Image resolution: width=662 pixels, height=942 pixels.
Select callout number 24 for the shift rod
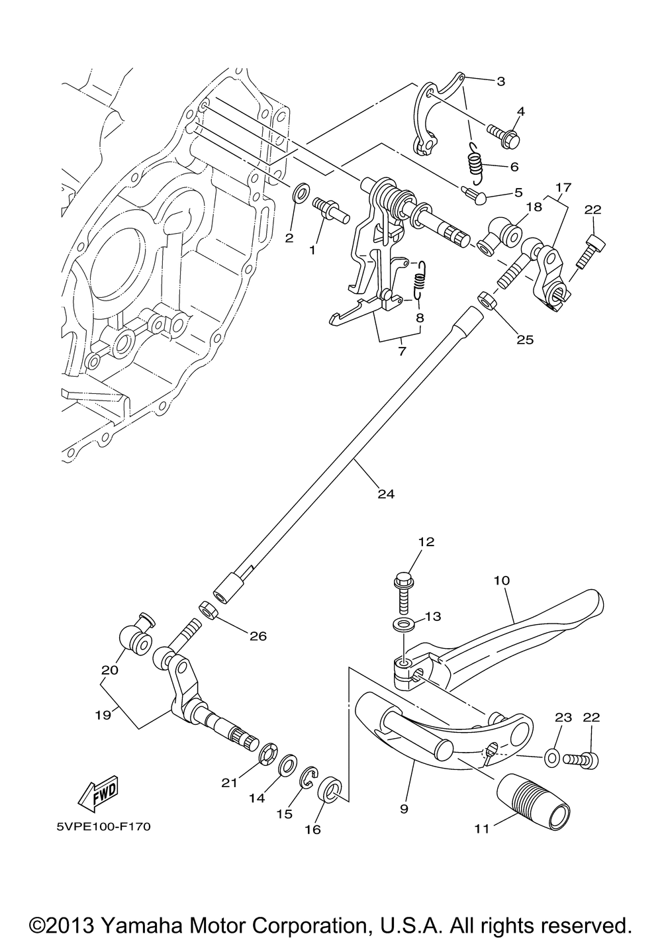click(386, 494)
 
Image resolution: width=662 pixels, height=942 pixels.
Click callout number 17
click(563, 187)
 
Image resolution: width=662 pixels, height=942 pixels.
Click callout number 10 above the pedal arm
click(502, 581)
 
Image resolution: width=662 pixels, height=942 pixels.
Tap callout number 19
click(103, 714)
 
